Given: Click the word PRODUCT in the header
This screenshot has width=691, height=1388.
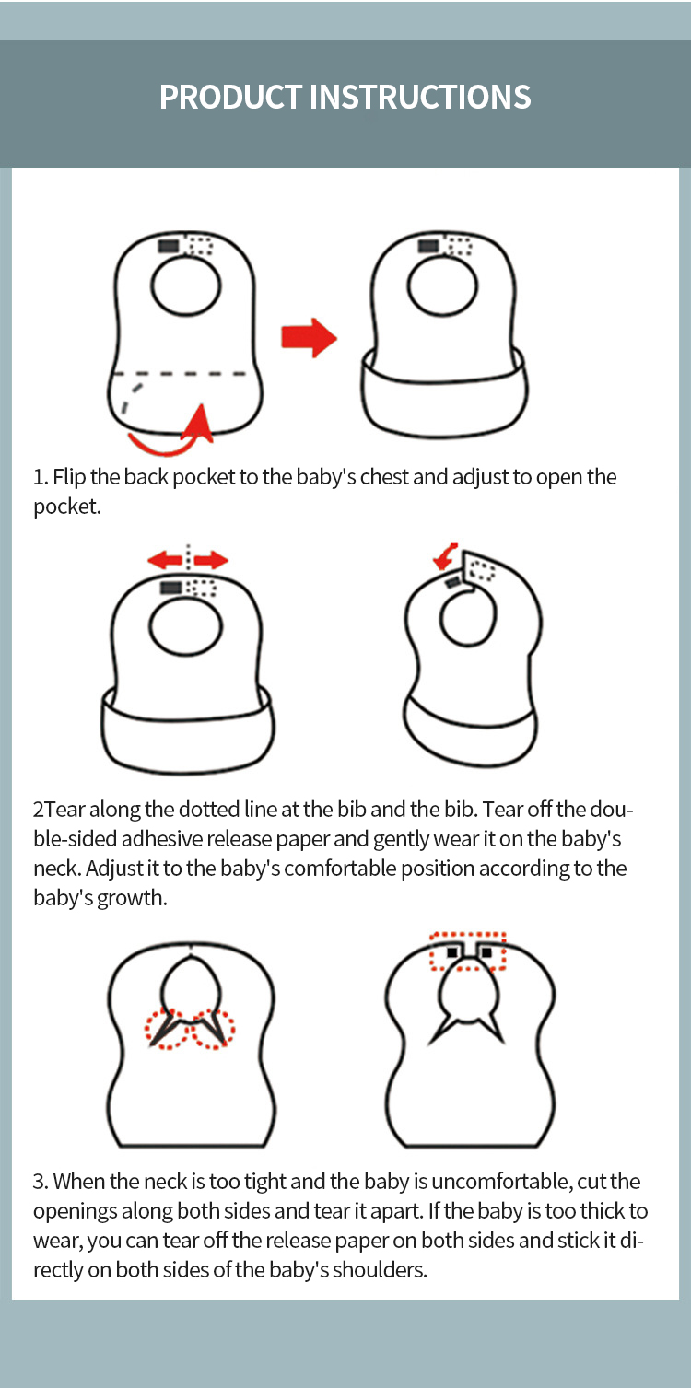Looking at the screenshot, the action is tap(230, 98).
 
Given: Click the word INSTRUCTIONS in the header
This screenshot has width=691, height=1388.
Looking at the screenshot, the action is tap(419, 98).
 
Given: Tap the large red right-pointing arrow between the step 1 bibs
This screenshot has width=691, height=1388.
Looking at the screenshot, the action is tap(310, 338).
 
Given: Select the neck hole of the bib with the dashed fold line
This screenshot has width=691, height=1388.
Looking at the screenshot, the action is tap(186, 286).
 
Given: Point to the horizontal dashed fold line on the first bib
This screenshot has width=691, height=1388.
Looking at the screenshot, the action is tap(181, 374).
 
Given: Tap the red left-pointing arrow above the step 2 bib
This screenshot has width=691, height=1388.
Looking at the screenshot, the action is tap(165, 560).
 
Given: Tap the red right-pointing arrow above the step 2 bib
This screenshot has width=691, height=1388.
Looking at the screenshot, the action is tap(211, 560).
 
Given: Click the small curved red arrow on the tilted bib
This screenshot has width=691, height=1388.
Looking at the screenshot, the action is tap(445, 556).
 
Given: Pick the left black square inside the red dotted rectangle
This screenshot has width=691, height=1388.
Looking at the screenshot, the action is tap(452, 951).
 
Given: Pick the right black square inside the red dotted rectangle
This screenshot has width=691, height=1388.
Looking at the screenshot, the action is tap(486, 951).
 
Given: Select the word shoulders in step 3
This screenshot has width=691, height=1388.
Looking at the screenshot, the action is tap(380, 1270).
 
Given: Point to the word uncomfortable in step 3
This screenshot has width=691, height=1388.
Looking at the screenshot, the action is tap(501, 1182).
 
